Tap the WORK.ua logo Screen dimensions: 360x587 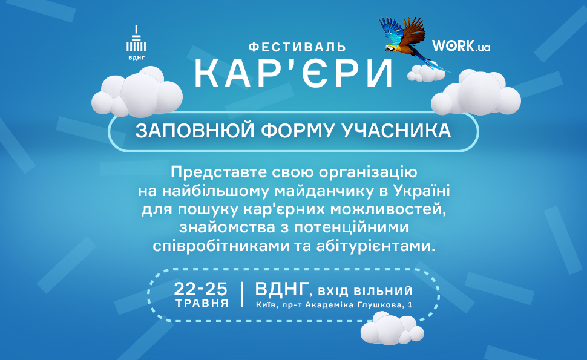pyautogui.click(x=461, y=46)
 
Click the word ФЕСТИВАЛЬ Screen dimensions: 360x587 pyautogui.click(x=297, y=47)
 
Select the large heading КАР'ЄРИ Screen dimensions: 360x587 pyautogui.click(x=293, y=74)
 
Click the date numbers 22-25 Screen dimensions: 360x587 pyautogui.click(x=202, y=288)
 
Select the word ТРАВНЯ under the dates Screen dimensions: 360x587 pyautogui.click(x=202, y=303)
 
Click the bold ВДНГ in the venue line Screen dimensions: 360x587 pyautogui.click(x=282, y=289)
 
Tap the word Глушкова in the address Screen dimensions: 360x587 pyautogui.click(x=383, y=305)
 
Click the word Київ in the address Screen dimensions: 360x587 pyautogui.click(x=266, y=305)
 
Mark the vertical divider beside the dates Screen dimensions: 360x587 pyautogui.click(x=242, y=294)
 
